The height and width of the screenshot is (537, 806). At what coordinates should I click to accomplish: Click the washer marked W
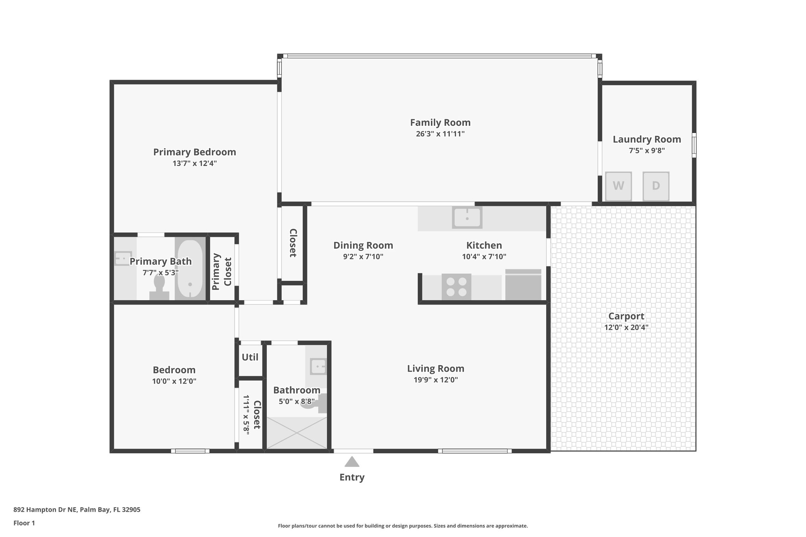[618, 186]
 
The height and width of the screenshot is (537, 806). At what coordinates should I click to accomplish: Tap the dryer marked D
[656, 186]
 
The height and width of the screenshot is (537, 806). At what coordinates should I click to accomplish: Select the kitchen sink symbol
[467, 218]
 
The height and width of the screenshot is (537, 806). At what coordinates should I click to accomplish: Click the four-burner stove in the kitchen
[456, 287]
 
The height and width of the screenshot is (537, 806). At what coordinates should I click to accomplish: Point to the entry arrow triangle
[351, 461]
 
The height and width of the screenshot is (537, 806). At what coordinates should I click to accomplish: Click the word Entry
[352, 477]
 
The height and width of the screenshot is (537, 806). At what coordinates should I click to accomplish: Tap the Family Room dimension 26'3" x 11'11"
[440, 134]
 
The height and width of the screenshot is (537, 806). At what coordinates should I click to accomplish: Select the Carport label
[626, 316]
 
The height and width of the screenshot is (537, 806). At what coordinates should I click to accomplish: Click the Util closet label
[250, 357]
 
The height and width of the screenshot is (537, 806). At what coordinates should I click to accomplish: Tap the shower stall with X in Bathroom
[297, 433]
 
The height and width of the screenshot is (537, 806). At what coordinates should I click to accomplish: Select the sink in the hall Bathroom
[318, 367]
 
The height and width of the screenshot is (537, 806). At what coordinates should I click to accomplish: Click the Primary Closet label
[222, 271]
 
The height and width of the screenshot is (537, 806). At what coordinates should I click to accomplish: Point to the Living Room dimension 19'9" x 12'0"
[435, 380]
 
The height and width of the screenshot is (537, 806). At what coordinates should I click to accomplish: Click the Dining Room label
[363, 245]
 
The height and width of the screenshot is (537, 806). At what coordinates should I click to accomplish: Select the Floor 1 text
[24, 523]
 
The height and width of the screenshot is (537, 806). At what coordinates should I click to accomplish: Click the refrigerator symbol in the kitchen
[523, 285]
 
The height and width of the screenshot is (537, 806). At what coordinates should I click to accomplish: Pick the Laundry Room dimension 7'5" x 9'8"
[647, 151]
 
